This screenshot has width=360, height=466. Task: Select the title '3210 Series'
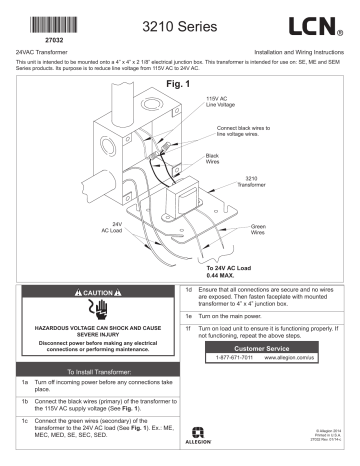[178, 23]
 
